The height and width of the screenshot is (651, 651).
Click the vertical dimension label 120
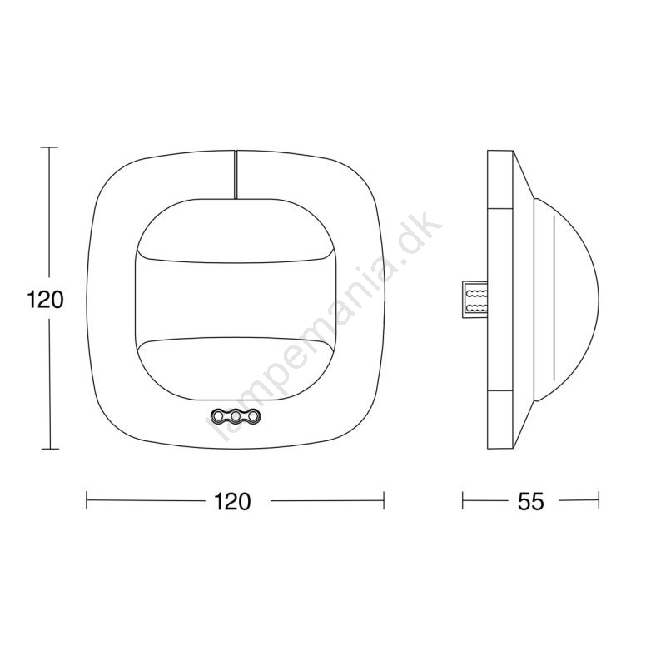coord(45,299)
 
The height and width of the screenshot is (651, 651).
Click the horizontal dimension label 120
coord(232,501)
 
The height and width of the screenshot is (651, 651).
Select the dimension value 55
coord(530,501)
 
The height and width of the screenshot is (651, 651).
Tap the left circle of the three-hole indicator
coord(218,415)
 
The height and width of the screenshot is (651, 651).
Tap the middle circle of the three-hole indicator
coord(236,415)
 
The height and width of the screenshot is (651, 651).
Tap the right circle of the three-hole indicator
coord(253,415)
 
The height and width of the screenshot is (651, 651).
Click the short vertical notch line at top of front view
coord(235,174)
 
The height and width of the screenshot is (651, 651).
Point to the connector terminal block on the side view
coord(475,300)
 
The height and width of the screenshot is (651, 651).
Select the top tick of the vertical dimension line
coord(50,147)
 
